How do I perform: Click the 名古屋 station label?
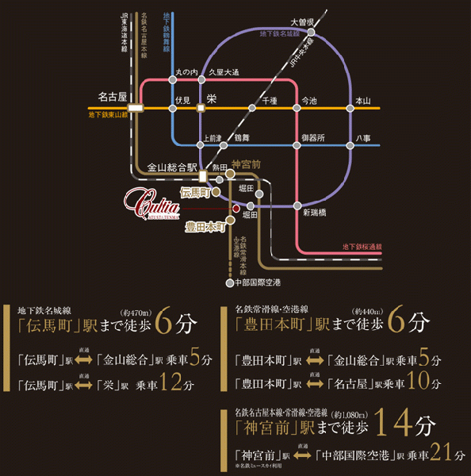112,97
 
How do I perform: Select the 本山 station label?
363,101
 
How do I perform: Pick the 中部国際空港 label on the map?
258,282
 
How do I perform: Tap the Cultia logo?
155,200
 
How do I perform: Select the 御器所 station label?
312,137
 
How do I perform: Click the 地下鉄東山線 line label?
109,115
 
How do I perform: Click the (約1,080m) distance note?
350,414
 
